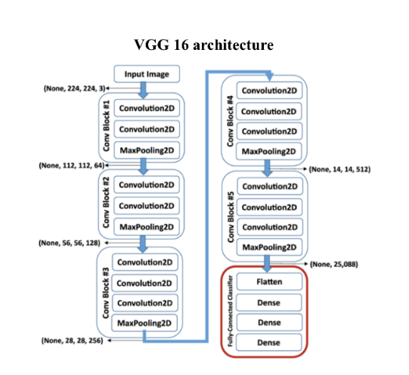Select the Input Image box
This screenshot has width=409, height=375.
[x=147, y=74]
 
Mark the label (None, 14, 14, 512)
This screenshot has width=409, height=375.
[x=349, y=169]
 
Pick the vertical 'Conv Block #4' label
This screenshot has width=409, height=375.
[x=228, y=120]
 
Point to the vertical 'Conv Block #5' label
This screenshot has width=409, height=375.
[x=228, y=217]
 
